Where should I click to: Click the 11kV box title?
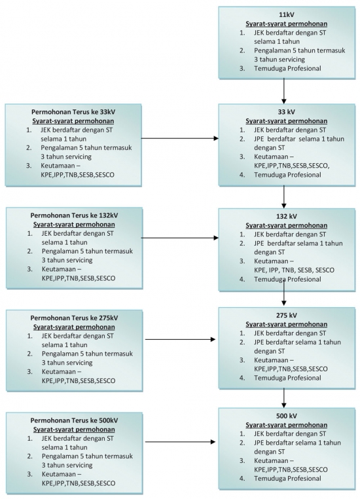287,14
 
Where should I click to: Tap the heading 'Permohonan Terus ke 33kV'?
73,112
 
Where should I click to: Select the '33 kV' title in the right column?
287,112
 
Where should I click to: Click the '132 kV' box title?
287,216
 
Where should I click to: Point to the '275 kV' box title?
287,316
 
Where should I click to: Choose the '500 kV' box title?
287,416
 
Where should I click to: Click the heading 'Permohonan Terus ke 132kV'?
74,215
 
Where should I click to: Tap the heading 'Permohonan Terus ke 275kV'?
74,318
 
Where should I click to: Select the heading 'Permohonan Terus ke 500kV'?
74,420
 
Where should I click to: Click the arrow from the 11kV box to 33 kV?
283,91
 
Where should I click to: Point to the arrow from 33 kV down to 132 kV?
283,197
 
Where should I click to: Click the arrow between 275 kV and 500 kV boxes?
283,398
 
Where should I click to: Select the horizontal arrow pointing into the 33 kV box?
180,138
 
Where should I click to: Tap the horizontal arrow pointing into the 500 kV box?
180,442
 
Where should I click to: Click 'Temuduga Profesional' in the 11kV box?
287,68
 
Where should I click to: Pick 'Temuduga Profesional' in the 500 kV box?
287,478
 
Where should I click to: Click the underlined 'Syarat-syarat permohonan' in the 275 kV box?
286,324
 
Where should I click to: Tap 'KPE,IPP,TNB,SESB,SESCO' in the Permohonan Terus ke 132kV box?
79,278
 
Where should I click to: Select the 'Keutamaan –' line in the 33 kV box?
274,157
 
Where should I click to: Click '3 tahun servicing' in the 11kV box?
279,60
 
